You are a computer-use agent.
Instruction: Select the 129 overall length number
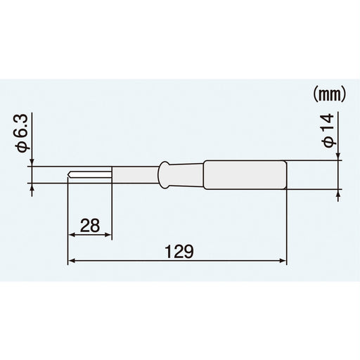click(x=177, y=250)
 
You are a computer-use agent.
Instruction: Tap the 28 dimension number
click(x=89, y=225)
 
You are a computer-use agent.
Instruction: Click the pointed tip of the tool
click(x=69, y=175)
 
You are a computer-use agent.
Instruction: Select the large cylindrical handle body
click(x=246, y=174)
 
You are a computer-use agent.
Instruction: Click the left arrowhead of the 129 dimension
click(x=71, y=262)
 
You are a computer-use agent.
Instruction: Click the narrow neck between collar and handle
click(x=186, y=174)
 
